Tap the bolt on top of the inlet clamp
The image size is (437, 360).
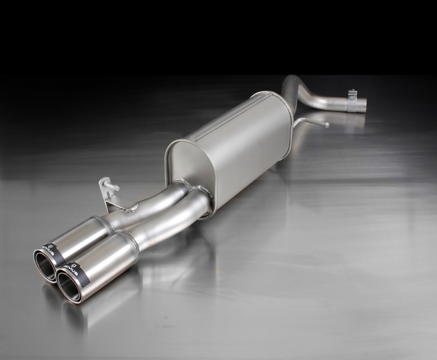(x=353, y=93)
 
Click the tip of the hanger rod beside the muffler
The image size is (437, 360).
(x=326, y=124)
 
